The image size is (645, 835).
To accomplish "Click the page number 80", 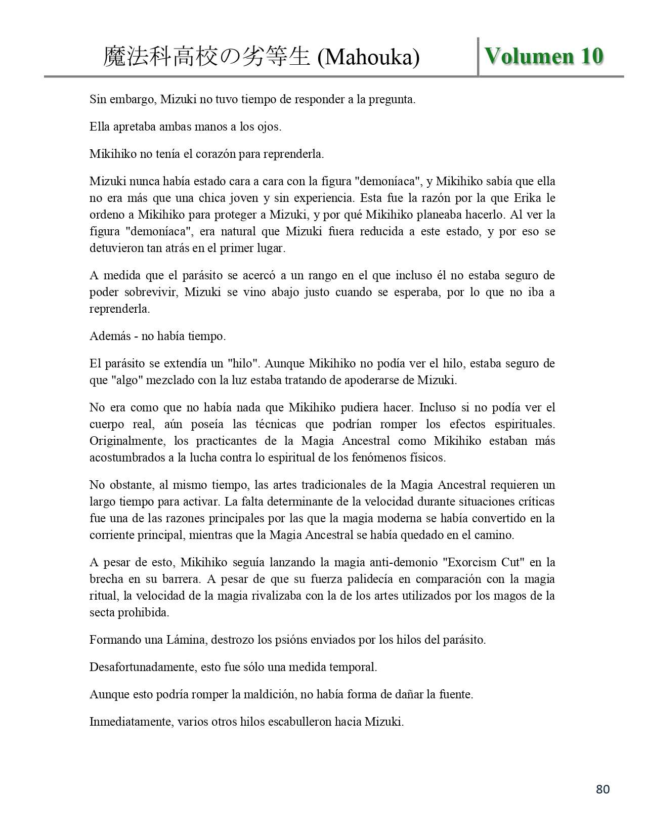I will [603, 789].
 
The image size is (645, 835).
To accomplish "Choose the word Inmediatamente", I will [131, 722].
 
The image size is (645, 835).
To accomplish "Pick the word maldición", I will [271, 694].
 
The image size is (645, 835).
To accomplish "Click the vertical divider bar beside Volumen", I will [478, 56].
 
